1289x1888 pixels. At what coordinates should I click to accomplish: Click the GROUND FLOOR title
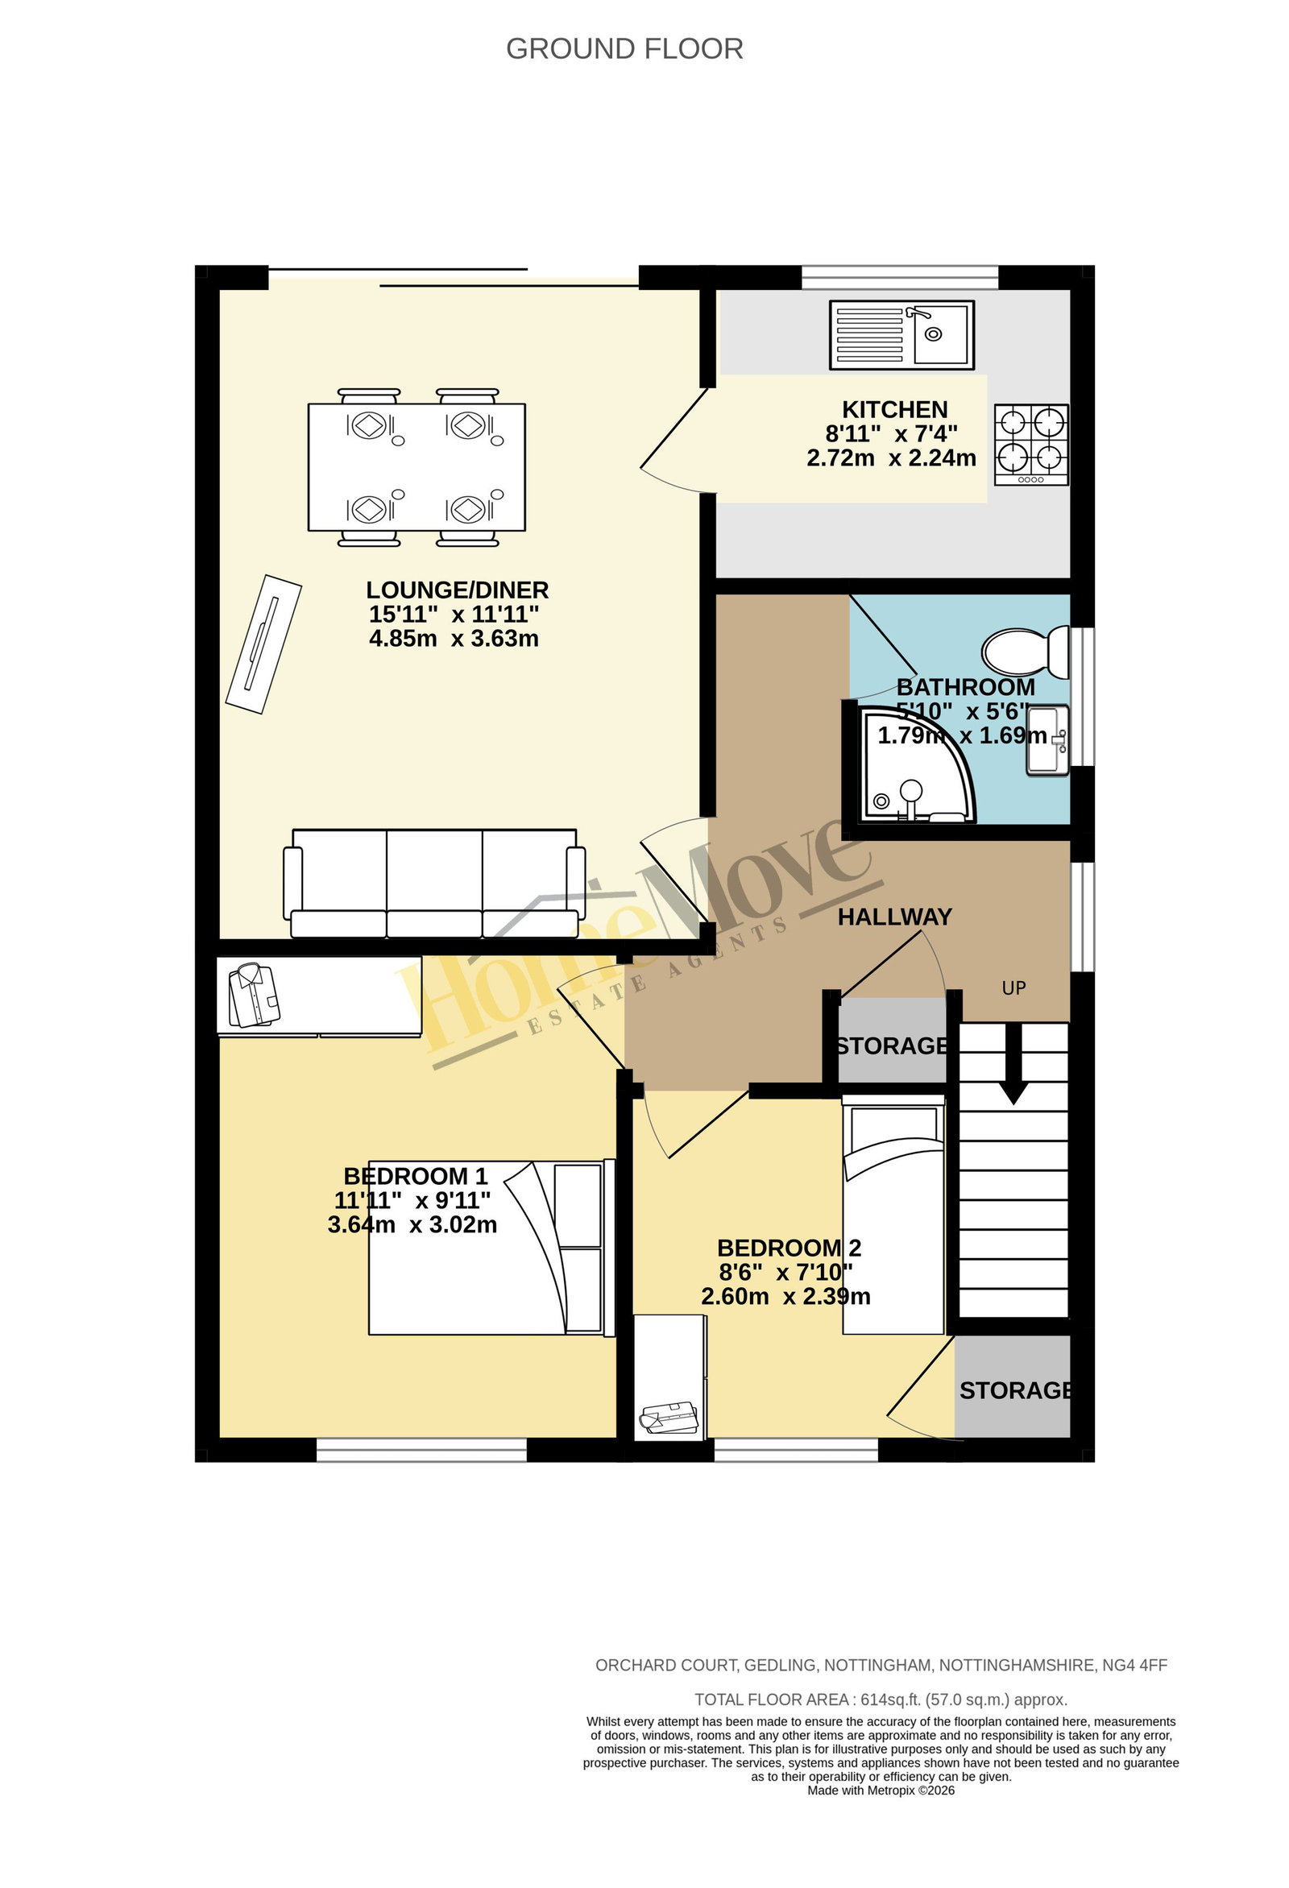click(x=624, y=49)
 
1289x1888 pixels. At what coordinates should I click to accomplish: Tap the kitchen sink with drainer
click(x=901, y=335)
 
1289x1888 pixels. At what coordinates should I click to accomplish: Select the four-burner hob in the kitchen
click(x=1031, y=445)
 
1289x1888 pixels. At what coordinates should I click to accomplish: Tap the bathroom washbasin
click(x=1047, y=740)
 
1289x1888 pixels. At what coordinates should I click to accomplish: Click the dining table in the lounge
click(x=417, y=467)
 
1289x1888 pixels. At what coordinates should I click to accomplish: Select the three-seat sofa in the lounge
click(x=434, y=883)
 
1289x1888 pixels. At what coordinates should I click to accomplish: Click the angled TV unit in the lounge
click(x=263, y=644)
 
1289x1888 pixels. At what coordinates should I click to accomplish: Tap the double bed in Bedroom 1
click(x=491, y=1247)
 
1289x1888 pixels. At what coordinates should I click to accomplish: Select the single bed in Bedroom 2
click(x=894, y=1215)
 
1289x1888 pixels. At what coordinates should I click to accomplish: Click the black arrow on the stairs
click(x=1013, y=1063)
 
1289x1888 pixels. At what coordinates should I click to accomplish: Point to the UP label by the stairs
click(x=1013, y=987)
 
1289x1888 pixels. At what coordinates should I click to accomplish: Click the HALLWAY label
click(x=895, y=917)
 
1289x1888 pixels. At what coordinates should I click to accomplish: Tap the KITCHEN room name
click(x=895, y=409)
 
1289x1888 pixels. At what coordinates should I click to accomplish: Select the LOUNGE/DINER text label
click(x=457, y=590)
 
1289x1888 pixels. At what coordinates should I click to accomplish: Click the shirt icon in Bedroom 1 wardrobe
click(x=255, y=996)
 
